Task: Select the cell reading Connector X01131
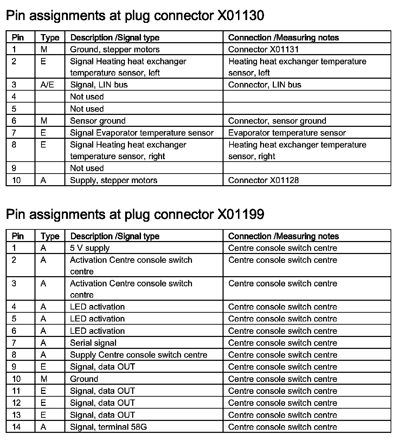tap(263, 49)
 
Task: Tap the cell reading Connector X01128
tap(263, 180)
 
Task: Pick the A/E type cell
tap(47, 85)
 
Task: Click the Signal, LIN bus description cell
tap(99, 85)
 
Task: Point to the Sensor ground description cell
tap(98, 121)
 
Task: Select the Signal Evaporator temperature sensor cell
tap(142, 133)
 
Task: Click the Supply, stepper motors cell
tap(114, 180)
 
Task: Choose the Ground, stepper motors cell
tap(115, 49)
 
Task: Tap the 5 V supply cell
tap(90, 248)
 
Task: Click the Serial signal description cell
tap(93, 343)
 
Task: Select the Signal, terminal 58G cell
tap(108, 427)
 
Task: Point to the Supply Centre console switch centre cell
tap(139, 355)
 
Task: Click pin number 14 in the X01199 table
tap(17, 427)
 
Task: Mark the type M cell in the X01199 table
tap(44, 379)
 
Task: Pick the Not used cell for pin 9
tap(87, 168)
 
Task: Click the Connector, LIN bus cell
tap(265, 85)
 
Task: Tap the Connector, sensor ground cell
tap(277, 121)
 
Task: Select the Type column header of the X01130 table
tap(50, 38)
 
